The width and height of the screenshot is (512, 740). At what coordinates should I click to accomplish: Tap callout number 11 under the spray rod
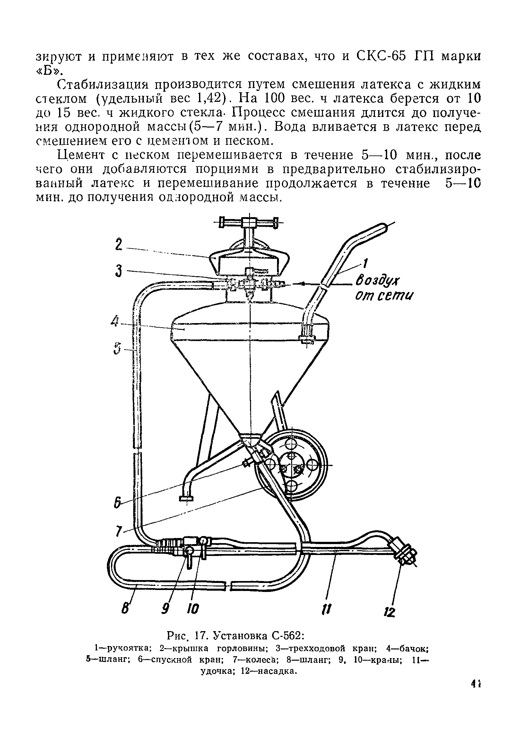[327, 608]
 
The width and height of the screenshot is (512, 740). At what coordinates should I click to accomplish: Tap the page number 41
[476, 693]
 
